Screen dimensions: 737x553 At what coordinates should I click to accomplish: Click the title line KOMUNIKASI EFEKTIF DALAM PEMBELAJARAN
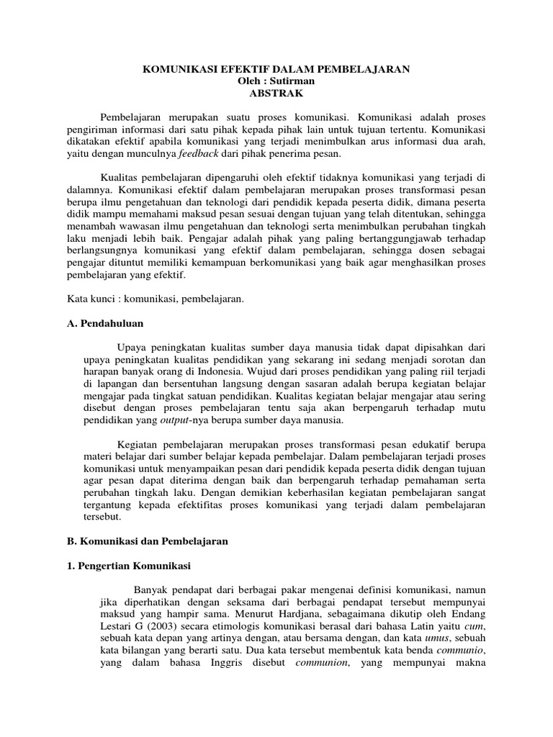tap(276, 69)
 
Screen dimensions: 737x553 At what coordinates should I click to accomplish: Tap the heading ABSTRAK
tap(276, 93)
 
